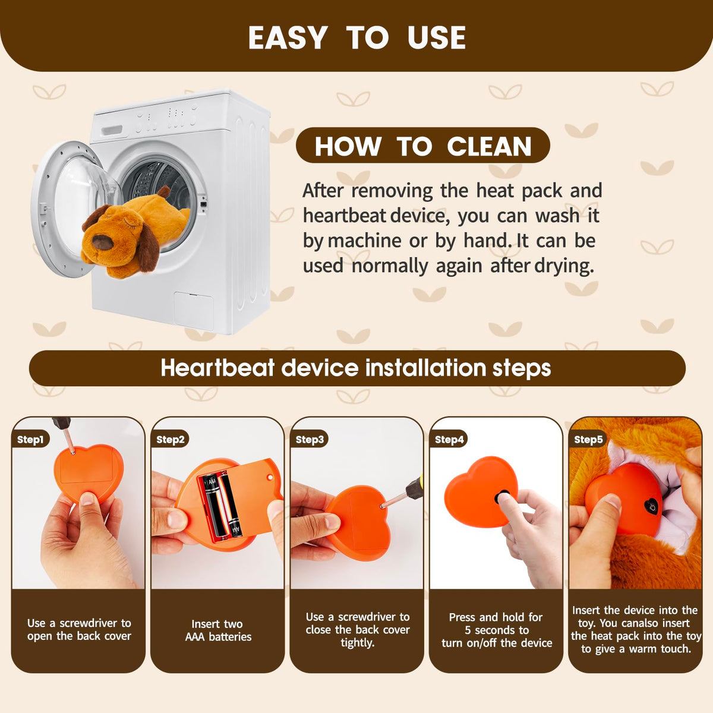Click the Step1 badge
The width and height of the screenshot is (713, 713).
point(30,439)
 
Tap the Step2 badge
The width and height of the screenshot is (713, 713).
point(170,439)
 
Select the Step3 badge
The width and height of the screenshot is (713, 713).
point(310,439)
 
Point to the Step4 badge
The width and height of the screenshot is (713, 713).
point(449,439)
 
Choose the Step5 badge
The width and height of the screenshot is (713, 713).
point(588,439)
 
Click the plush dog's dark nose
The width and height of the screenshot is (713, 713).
point(102,242)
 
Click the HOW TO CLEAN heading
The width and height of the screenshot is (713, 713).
point(423,146)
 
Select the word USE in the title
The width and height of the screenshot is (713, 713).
point(437,38)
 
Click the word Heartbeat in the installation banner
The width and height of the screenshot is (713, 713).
point(217,368)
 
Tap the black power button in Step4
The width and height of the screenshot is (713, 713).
point(502,497)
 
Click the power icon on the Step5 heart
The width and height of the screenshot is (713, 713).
point(652,506)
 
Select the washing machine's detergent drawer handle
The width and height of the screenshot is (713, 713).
point(112,130)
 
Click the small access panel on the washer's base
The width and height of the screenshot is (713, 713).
point(194,311)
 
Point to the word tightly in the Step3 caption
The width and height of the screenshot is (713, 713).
point(358,643)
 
